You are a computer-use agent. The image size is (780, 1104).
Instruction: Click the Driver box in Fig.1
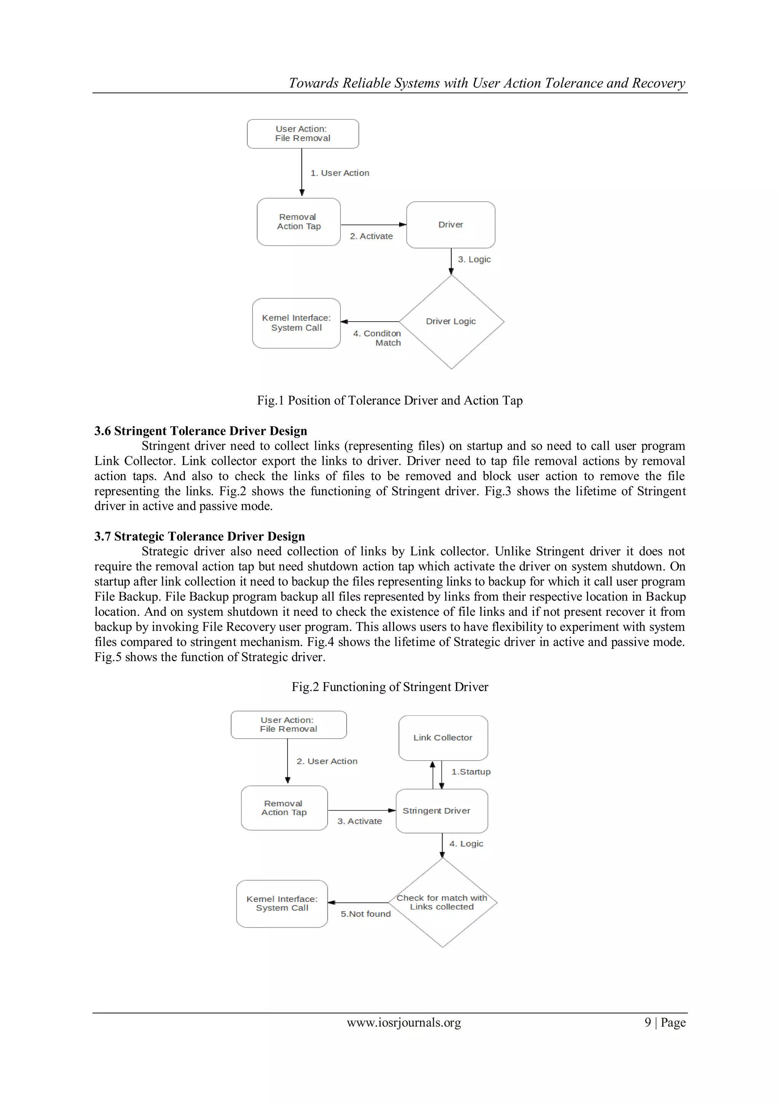point(450,224)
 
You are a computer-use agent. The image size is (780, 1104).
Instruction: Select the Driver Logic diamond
point(451,321)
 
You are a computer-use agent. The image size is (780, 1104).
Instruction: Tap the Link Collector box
point(443,738)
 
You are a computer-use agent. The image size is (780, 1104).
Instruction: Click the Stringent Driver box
point(441,811)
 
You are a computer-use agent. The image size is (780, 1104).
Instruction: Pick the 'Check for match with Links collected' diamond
point(442,902)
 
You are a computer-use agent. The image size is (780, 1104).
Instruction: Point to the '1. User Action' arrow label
point(340,173)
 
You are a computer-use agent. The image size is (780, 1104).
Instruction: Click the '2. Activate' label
point(371,236)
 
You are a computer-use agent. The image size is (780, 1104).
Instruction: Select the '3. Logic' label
point(474,259)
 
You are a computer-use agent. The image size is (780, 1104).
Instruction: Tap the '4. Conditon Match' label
point(377,338)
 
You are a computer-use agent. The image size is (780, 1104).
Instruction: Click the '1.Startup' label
point(470,772)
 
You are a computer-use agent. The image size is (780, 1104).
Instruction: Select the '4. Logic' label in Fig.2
point(466,843)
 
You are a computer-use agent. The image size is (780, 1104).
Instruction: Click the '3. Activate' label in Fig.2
point(359,821)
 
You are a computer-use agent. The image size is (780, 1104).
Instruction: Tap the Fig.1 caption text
point(389,400)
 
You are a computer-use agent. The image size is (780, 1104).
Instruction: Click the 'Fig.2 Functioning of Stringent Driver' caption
point(389,686)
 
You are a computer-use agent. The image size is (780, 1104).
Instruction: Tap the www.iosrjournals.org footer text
point(404,1022)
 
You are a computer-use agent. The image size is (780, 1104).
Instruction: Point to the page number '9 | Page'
point(665,1022)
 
